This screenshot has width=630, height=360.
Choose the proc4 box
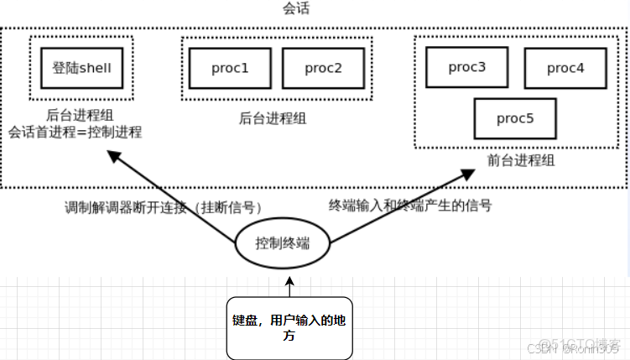tap(565, 68)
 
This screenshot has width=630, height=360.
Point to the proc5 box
tap(514, 118)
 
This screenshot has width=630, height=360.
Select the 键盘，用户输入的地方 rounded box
tap(289, 328)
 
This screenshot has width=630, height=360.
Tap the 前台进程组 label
tap(520, 160)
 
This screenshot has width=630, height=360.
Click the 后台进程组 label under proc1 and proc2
tap(273, 118)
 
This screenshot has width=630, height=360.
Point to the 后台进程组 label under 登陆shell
tap(81, 116)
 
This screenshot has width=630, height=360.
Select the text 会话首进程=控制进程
tap(75, 133)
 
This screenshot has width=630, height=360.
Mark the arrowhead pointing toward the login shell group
tap(118, 157)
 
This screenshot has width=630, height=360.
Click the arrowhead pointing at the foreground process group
tap(468, 174)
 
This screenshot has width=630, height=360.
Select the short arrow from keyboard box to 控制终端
tap(289, 288)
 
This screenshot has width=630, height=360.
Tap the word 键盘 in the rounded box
tap(243, 321)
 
